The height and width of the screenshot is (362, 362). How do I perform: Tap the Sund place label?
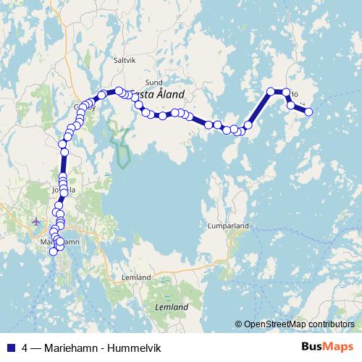(x=154, y=83)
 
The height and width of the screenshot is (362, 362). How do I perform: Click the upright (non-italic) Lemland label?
(x=137, y=277)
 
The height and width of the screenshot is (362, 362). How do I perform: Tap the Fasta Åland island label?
(x=157, y=94)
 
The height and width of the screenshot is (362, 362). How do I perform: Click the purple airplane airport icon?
(x=38, y=221)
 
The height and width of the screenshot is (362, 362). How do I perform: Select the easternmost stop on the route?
(x=308, y=111)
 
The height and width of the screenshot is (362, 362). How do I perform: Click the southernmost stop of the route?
(x=52, y=251)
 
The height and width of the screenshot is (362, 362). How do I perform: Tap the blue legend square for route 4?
(x=10, y=347)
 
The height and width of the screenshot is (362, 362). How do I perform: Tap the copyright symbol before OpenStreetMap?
(x=238, y=324)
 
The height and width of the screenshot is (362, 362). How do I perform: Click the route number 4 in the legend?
(x=25, y=347)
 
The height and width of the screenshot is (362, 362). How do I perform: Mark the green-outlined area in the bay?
(x=119, y=141)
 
